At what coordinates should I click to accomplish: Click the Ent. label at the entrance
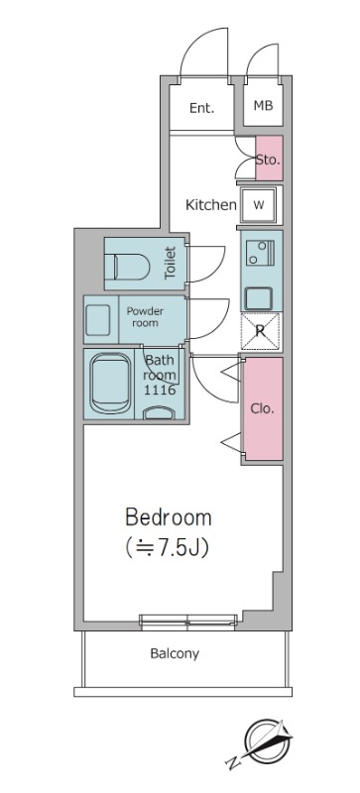click(x=201, y=108)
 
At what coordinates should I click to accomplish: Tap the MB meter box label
click(x=263, y=106)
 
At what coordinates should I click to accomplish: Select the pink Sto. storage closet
click(x=269, y=158)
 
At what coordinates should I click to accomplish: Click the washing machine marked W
click(x=259, y=205)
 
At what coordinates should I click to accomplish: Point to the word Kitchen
click(x=210, y=205)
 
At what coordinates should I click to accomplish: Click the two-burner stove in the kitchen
click(x=260, y=253)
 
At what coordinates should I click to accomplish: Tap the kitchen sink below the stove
click(x=259, y=298)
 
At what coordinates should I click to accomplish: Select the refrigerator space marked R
click(x=260, y=331)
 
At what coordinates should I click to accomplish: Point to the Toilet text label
click(x=171, y=263)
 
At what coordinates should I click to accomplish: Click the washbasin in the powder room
click(x=98, y=320)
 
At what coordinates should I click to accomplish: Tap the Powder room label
click(x=145, y=317)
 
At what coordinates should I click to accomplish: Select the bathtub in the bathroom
click(x=110, y=384)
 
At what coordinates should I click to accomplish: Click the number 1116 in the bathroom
click(x=160, y=390)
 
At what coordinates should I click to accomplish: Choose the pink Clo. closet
click(x=262, y=408)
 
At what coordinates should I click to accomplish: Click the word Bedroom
click(x=169, y=517)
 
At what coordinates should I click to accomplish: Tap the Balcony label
click(x=175, y=654)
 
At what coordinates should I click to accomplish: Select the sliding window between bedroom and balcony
click(x=188, y=623)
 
